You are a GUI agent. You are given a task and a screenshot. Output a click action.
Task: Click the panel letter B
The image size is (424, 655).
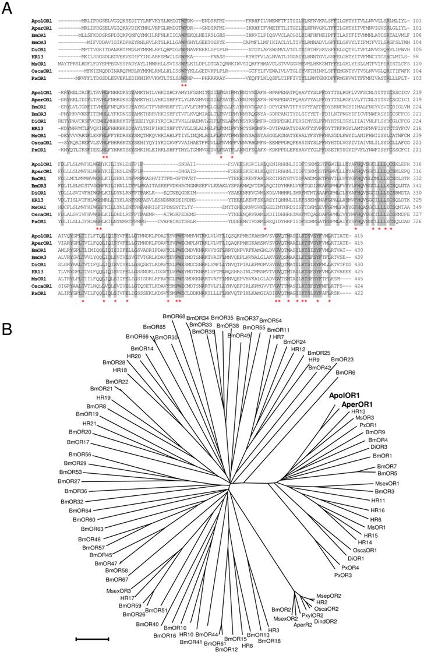point(8,330)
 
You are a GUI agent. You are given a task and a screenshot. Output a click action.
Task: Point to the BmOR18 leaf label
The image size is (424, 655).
point(269,640)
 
